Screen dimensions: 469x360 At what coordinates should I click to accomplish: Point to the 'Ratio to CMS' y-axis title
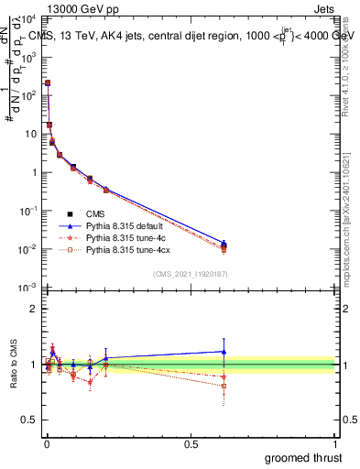(x=14, y=365)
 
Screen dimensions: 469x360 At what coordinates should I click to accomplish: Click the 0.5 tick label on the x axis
(x=191, y=444)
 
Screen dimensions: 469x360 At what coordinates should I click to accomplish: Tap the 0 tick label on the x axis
(x=46, y=444)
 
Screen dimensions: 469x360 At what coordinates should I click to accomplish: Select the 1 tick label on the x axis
(x=335, y=444)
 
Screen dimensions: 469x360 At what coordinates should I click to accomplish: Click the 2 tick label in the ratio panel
(x=34, y=309)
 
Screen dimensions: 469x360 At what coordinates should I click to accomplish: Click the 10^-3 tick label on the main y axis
(x=28, y=288)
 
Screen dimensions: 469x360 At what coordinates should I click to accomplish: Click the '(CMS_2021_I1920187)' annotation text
(x=191, y=272)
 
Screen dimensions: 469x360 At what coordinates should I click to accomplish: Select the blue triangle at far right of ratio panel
(x=224, y=351)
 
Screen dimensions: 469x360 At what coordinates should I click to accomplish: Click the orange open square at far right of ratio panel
(x=224, y=386)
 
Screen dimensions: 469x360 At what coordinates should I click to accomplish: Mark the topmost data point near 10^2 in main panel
(x=48, y=82)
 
